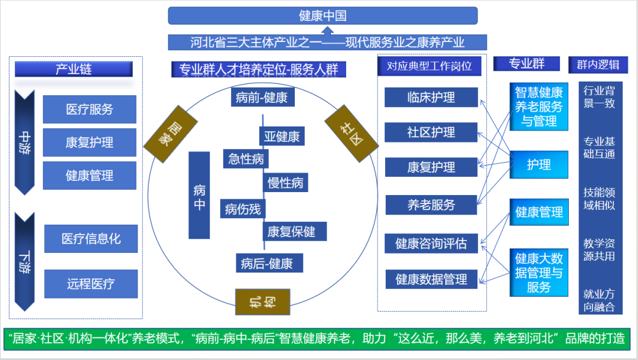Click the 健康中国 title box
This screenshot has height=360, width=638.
point(323,16)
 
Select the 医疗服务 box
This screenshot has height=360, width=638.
point(89,109)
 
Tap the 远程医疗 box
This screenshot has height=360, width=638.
point(90,284)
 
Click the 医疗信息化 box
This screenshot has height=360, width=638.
point(90,239)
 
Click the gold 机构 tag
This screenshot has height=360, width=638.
point(262,302)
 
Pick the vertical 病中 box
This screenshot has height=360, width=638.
point(200,195)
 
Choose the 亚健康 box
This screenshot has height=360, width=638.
point(282,137)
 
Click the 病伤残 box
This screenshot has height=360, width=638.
point(243,209)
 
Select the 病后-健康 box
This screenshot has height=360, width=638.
point(266,264)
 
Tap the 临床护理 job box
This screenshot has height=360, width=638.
point(431,98)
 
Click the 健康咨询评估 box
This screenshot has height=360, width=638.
point(431,244)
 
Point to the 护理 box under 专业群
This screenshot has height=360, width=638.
point(539,165)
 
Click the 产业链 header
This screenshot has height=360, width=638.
point(74,69)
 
